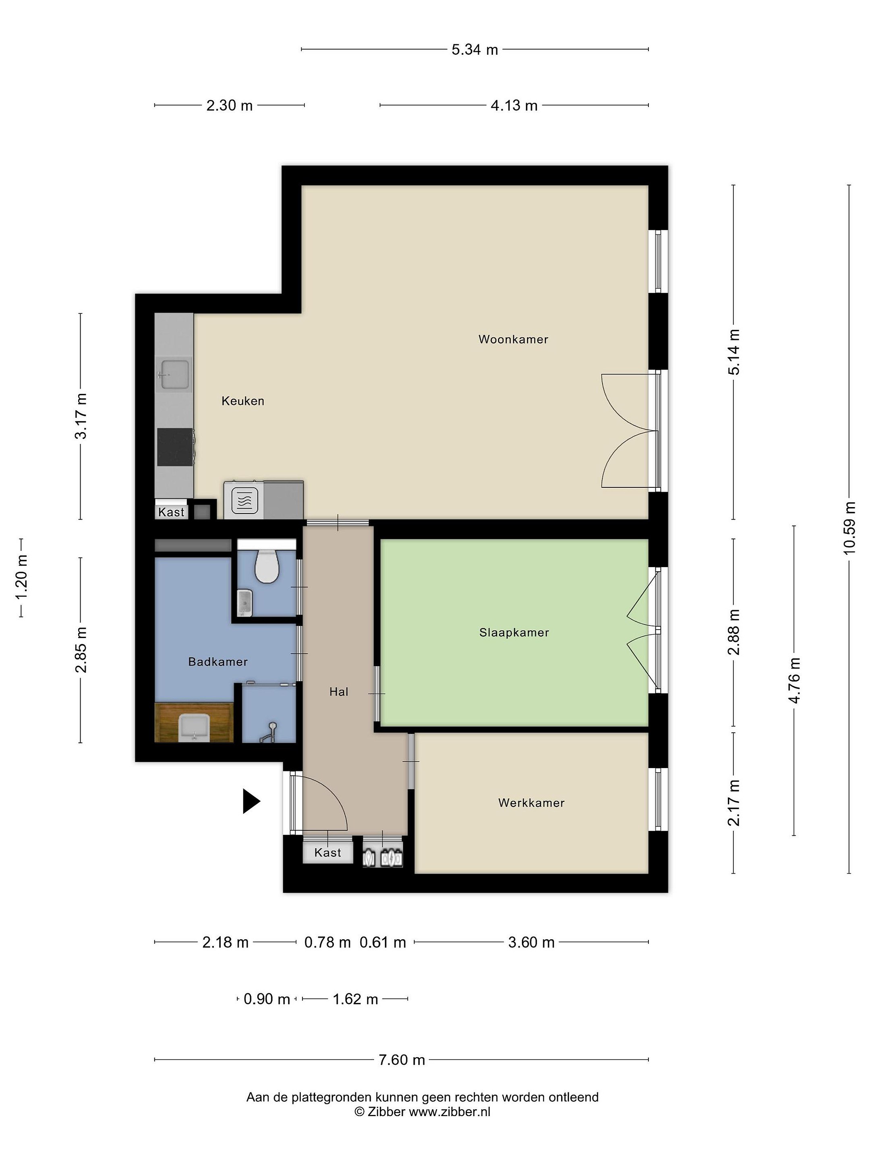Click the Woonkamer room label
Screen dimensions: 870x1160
pos(513,339)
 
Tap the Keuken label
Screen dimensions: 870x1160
pos(243,401)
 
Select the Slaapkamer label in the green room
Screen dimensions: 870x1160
pos(514,632)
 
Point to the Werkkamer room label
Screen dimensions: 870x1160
pos(531,803)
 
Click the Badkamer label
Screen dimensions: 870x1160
pos(217,662)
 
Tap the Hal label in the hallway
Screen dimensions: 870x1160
pos(339,692)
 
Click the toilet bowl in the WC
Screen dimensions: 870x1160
pos(266,566)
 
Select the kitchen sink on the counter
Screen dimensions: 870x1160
pos(175,375)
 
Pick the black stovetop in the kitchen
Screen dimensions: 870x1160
pos(175,447)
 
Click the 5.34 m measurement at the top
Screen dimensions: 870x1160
pos(474,50)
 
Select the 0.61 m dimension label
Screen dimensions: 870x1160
pos(383,942)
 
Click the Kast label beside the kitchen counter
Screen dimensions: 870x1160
pos(172,512)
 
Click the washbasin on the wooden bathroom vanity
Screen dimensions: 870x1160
pos(194,728)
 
